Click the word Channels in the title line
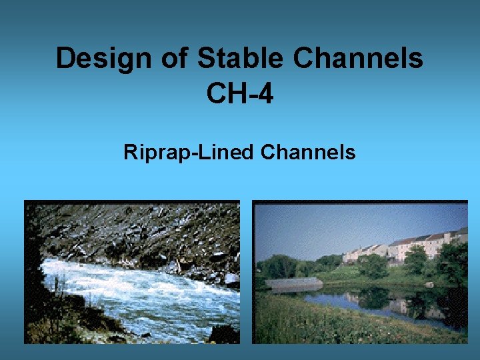point(359,59)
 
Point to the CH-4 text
point(240,93)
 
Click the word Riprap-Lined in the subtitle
point(189,153)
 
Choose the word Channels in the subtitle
point(308,153)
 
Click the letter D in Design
point(65,59)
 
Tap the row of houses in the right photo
point(407,245)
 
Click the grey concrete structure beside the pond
point(293,283)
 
